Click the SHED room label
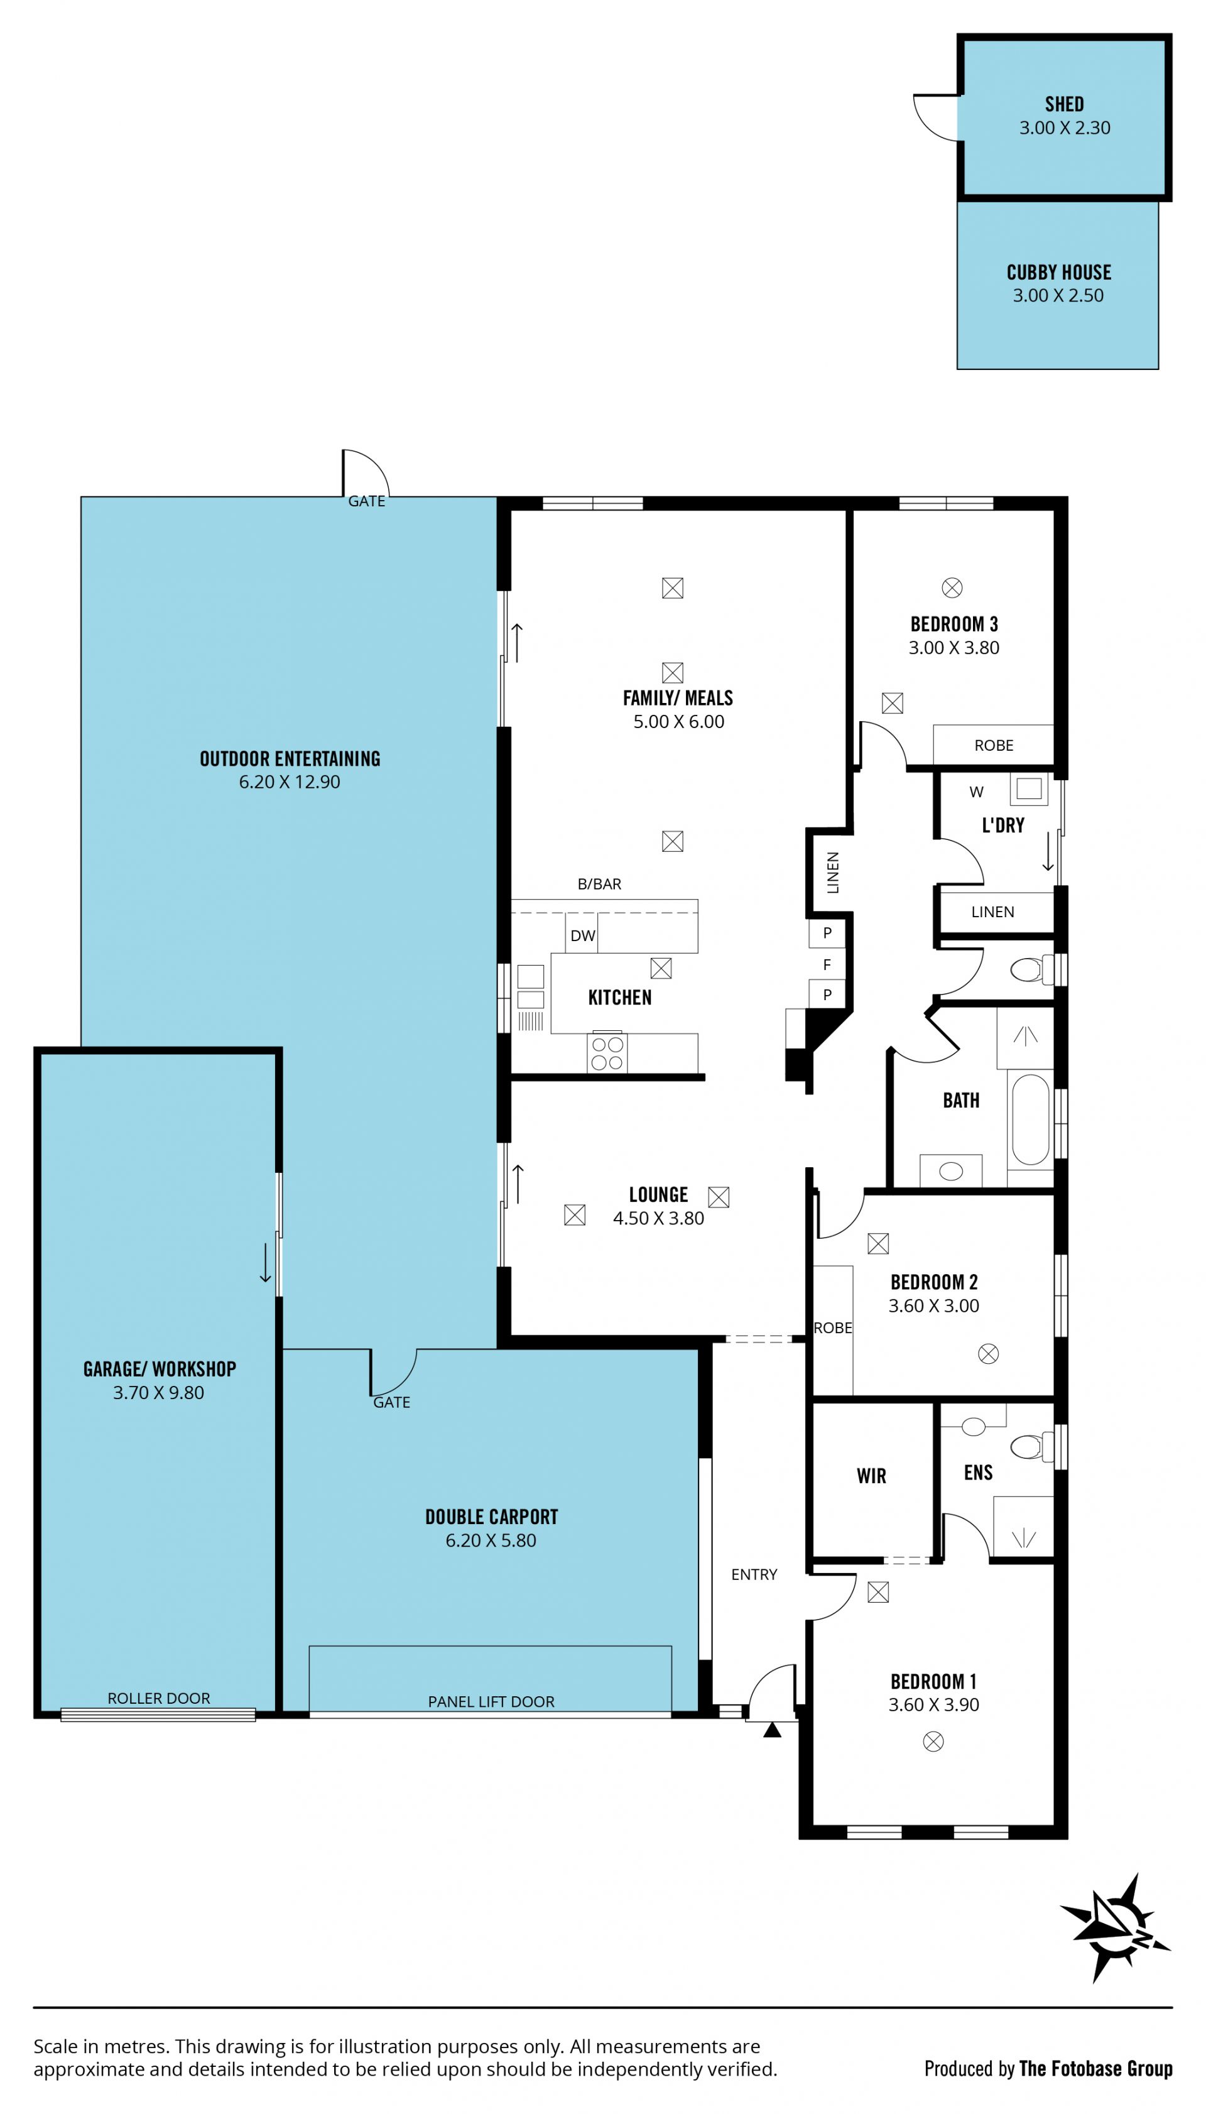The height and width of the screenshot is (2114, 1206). [1065, 104]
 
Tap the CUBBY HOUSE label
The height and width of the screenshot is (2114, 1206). [1058, 273]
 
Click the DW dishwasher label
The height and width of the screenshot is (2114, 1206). [582, 936]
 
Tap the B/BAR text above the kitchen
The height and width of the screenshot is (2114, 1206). [599, 884]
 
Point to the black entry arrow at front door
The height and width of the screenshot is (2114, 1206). [772, 1730]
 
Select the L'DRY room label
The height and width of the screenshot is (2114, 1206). [1003, 825]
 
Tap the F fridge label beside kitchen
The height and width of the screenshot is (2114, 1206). [827, 964]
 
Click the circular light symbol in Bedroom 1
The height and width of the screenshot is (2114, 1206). [933, 1741]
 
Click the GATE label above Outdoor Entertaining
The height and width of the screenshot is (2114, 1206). [367, 501]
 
